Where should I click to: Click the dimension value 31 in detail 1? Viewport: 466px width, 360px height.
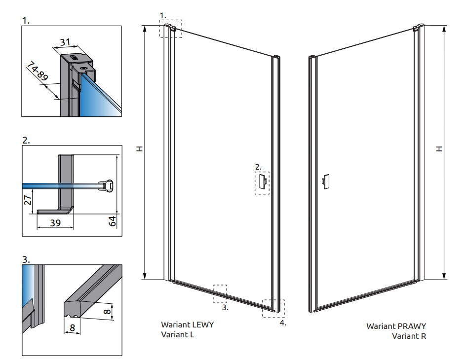click(65, 42)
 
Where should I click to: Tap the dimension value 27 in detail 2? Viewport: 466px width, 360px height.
click(28, 200)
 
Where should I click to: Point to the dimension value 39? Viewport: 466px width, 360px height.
click(55, 222)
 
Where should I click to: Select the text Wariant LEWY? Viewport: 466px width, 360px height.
click(187, 324)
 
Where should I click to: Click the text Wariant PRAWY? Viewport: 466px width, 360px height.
click(396, 326)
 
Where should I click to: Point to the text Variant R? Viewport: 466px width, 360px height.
click(409, 336)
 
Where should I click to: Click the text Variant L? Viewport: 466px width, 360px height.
click(178, 334)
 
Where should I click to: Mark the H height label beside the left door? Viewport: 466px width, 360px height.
click(140, 148)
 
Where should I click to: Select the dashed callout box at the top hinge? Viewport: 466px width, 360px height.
click(170, 29)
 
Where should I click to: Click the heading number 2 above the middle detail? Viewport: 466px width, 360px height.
click(26, 140)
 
